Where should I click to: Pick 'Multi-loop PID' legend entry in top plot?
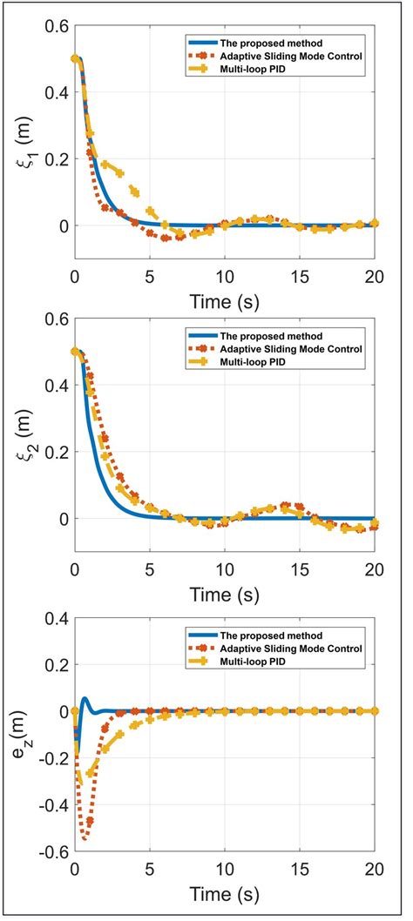coord(243,69)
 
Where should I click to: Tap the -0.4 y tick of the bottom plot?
coord(51,806)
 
